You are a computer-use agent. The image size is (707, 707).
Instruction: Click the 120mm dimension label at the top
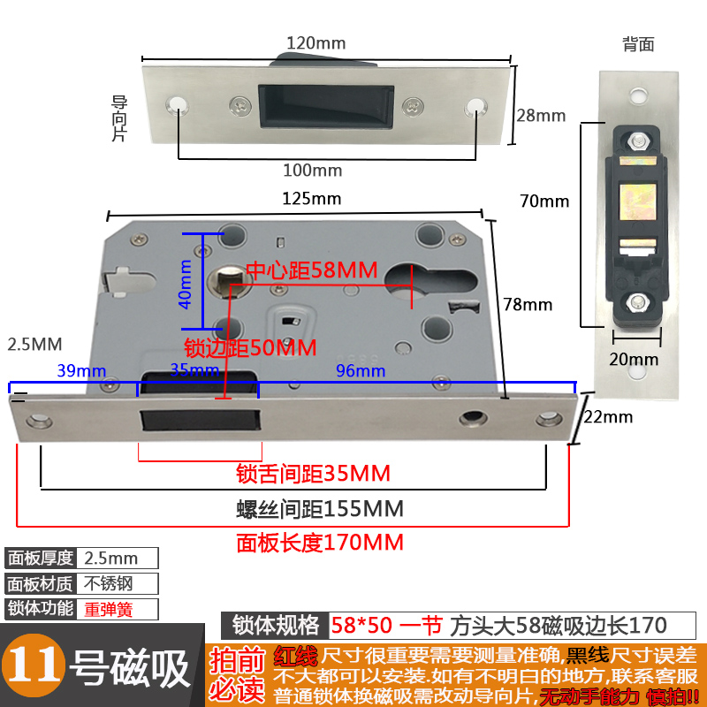[x=315, y=43]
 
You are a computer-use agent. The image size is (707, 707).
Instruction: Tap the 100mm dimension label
[x=312, y=170]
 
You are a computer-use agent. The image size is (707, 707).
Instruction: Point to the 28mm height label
[x=540, y=116]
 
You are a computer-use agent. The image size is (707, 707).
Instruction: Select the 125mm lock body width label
[x=311, y=198]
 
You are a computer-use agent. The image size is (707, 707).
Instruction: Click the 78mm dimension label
[x=528, y=305]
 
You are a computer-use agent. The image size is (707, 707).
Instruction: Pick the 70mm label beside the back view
[x=544, y=201]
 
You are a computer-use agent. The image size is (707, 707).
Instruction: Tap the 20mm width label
[x=634, y=359]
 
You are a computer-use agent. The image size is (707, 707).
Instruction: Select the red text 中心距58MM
[x=311, y=269]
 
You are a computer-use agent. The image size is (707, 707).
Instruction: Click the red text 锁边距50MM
[x=250, y=347]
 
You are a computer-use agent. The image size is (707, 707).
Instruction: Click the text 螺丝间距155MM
[x=319, y=509]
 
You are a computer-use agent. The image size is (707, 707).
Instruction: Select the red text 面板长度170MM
[x=319, y=542]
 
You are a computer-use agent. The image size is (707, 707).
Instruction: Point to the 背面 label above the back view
[x=637, y=42]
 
